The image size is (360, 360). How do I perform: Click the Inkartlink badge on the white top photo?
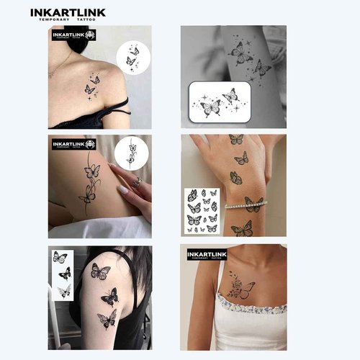pyautogui.click(x=207, y=255)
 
